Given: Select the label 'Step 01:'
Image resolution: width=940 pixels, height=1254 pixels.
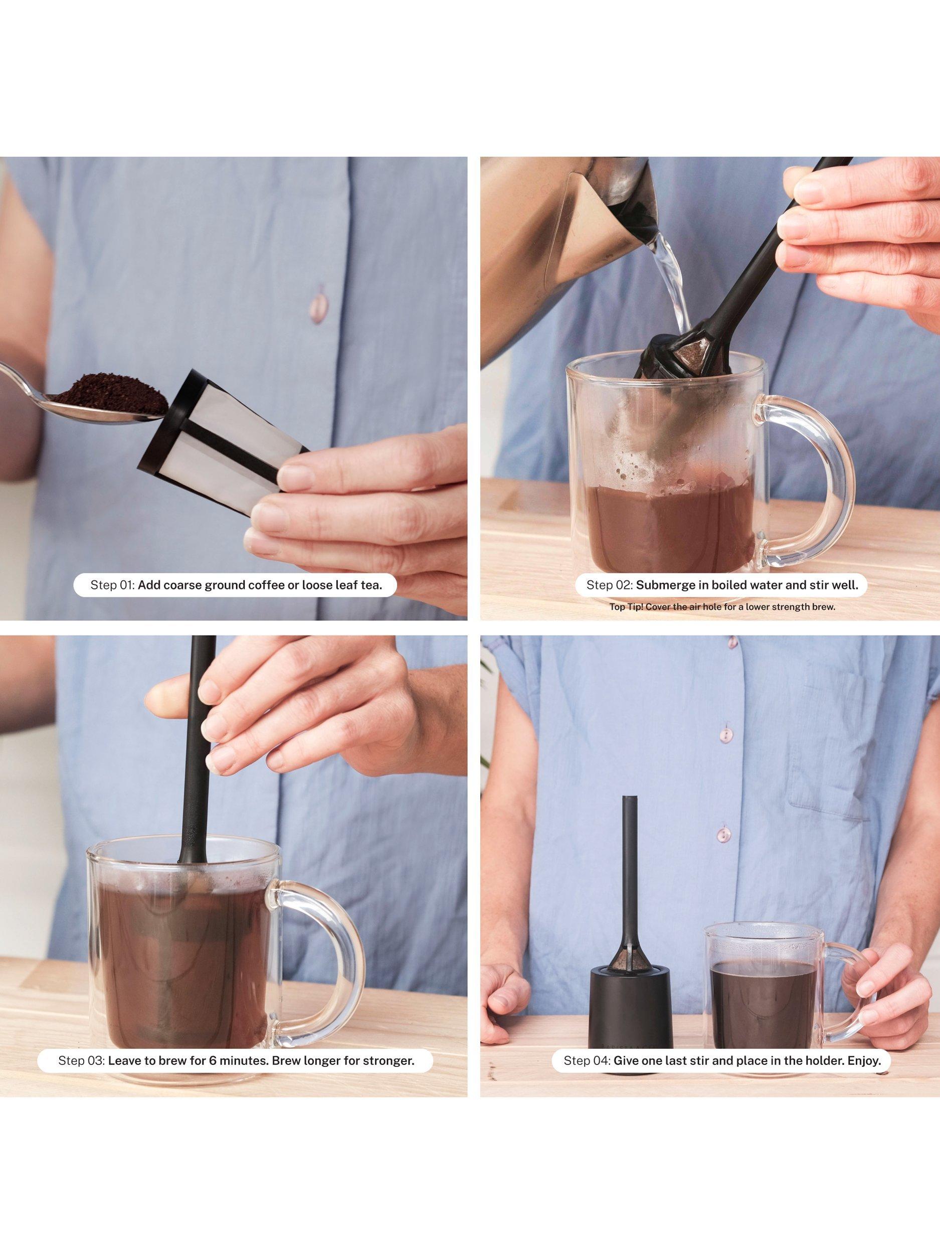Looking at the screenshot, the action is coord(112,585).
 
